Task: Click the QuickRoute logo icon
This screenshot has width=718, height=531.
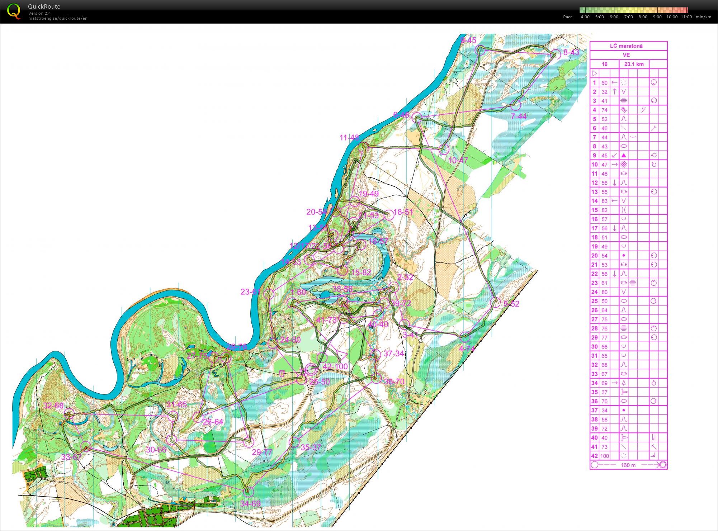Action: (x=14, y=11)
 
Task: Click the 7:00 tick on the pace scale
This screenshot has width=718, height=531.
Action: (x=628, y=17)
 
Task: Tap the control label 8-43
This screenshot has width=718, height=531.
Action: (x=571, y=52)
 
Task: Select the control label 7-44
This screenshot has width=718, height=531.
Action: (x=519, y=116)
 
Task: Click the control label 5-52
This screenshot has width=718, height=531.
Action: (x=511, y=304)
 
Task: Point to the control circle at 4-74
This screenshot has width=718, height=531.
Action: (x=465, y=337)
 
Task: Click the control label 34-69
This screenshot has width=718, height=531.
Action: (x=250, y=503)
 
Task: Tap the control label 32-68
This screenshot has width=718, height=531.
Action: (x=53, y=406)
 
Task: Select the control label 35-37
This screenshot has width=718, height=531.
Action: (x=311, y=447)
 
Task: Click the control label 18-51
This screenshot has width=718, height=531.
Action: (x=403, y=212)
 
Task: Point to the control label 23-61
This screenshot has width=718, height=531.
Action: (x=250, y=292)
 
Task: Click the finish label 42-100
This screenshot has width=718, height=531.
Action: (x=335, y=366)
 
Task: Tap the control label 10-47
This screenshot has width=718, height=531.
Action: (x=458, y=160)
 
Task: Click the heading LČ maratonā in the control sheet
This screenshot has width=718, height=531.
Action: (x=626, y=46)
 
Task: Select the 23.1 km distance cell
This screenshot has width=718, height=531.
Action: (x=634, y=64)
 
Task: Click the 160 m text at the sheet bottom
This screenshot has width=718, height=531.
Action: (x=628, y=465)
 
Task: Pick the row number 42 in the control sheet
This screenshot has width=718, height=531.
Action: (x=594, y=456)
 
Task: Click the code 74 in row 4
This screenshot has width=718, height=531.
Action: (x=605, y=110)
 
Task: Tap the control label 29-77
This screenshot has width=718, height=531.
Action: (x=262, y=452)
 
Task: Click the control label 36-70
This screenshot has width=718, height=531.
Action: (x=394, y=381)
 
